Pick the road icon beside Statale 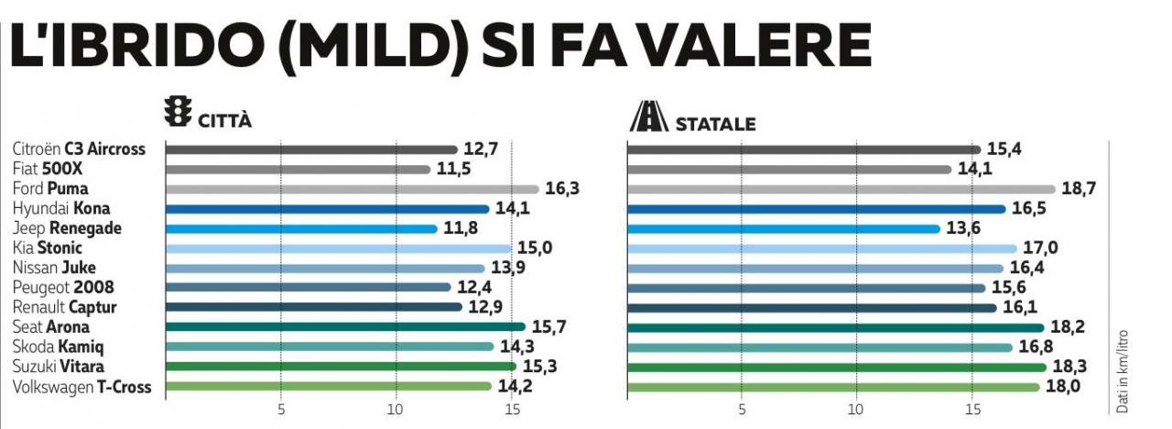647,116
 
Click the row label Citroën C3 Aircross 79,149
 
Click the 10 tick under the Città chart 396,408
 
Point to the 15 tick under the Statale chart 972,408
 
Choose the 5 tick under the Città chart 281,408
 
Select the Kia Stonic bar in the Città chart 339,248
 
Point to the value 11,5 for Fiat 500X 453,170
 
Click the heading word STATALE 715,124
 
